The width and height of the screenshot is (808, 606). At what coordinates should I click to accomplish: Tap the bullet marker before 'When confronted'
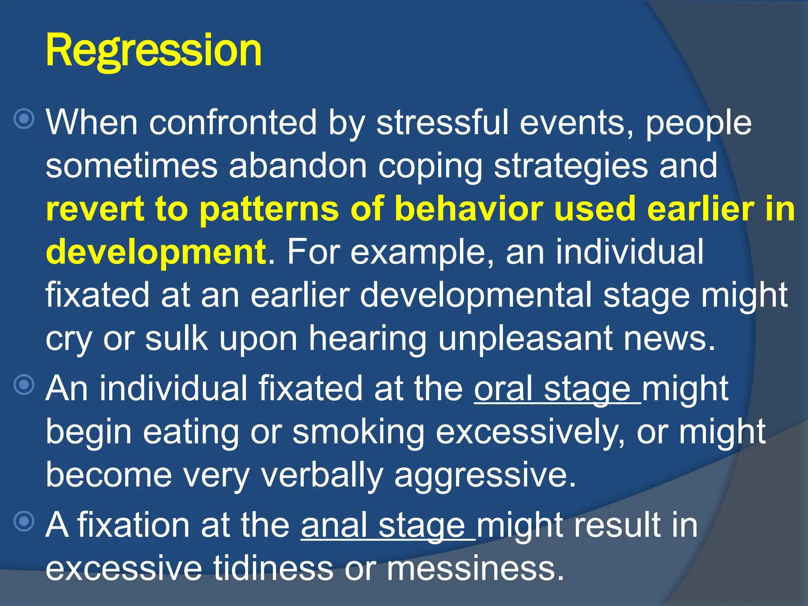point(24,118)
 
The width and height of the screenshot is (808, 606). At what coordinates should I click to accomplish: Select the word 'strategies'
point(570,166)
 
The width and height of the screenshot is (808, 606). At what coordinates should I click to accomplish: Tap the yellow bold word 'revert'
point(95,209)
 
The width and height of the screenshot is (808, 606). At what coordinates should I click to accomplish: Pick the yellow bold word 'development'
point(156,252)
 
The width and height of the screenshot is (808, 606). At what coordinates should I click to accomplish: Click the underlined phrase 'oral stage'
point(552,389)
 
